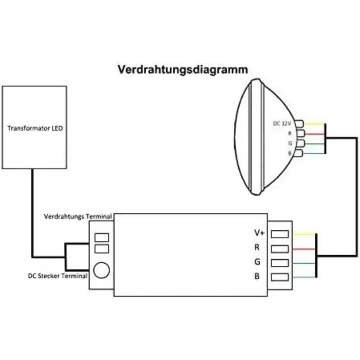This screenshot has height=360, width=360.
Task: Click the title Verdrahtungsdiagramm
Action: click(183, 69)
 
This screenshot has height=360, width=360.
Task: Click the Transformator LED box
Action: click(35, 128)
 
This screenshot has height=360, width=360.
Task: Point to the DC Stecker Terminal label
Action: click(58, 276)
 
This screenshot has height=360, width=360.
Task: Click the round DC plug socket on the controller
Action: click(102, 269)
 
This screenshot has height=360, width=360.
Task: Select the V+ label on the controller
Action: click(259, 233)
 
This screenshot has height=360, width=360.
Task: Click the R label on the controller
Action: click(257, 248)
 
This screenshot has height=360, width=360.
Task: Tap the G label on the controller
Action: click(257, 262)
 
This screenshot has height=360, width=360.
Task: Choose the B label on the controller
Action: click(257, 277)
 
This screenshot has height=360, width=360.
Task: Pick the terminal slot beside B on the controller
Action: click(279, 278)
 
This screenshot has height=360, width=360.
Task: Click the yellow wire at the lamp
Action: click(314, 123)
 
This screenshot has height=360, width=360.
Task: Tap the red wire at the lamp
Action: click(314, 133)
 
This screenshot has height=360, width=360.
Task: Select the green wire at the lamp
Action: click(314, 143)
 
